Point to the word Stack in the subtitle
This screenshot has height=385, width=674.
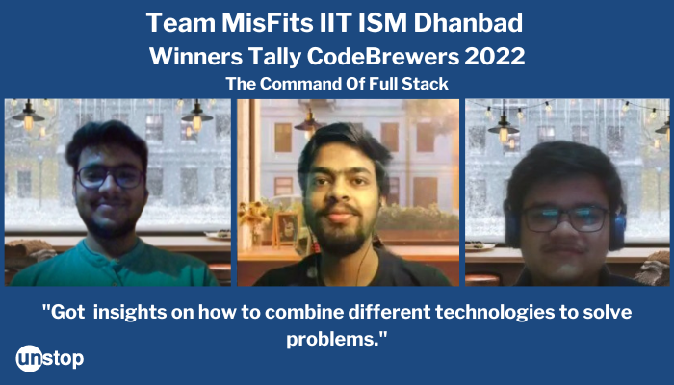click(x=426, y=84)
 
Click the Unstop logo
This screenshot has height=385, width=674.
click(x=50, y=358)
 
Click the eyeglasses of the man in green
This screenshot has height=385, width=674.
click(x=110, y=177)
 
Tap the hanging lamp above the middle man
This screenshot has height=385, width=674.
click(x=310, y=121)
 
